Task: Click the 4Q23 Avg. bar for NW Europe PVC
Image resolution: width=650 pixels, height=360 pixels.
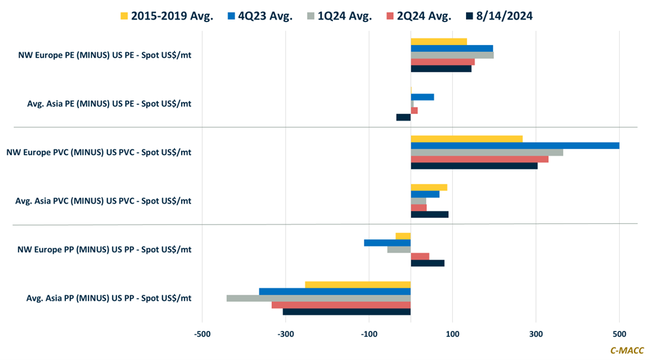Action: click(x=515, y=146)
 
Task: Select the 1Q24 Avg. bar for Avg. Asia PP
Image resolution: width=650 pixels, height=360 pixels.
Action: click(x=318, y=298)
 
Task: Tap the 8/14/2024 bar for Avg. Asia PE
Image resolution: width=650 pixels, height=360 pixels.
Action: click(x=404, y=117)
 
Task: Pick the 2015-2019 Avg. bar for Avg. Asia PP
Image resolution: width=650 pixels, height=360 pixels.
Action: click(x=357, y=285)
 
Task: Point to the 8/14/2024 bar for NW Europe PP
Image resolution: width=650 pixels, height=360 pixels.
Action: click(x=427, y=263)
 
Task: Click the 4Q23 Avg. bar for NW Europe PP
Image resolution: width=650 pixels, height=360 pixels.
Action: click(x=387, y=242)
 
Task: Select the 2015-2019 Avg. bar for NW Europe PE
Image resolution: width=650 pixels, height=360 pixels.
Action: click(x=439, y=42)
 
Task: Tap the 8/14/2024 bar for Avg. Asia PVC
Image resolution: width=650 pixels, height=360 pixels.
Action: click(x=429, y=214)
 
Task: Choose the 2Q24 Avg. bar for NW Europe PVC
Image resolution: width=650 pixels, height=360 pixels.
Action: click(x=480, y=159)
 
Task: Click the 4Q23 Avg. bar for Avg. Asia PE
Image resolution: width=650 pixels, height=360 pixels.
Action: click(x=422, y=97)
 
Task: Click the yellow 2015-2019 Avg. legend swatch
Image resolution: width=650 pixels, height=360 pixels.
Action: click(x=124, y=16)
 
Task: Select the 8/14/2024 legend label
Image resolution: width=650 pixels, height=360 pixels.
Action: click(x=504, y=16)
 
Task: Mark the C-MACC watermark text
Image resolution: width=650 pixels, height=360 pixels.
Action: click(x=627, y=350)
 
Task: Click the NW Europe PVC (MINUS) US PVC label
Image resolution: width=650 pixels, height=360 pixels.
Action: click(x=99, y=152)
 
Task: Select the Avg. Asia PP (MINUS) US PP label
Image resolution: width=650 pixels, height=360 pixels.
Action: click(x=109, y=298)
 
